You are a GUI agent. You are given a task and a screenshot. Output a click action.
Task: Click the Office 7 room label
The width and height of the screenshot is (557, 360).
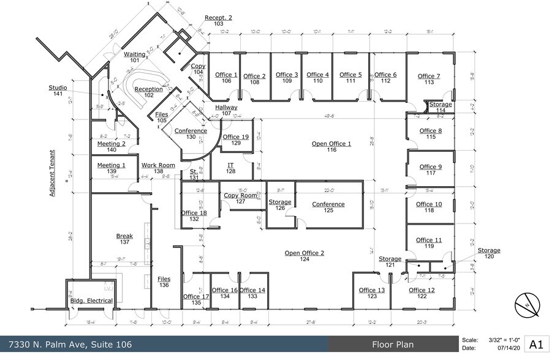click(x=429, y=79)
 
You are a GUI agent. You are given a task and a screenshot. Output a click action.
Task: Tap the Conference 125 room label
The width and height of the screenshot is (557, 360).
click(x=328, y=208)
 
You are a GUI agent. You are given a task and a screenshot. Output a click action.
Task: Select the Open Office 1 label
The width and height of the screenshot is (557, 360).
click(x=332, y=146)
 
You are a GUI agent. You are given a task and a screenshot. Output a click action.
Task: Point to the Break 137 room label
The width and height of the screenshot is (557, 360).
click(x=124, y=239)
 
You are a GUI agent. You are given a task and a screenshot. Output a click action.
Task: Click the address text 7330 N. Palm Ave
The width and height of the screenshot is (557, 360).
click(x=68, y=345)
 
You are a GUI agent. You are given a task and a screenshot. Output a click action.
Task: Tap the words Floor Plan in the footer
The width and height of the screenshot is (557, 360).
click(x=392, y=345)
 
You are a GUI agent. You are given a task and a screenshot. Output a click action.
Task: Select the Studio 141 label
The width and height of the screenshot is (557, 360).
click(x=58, y=91)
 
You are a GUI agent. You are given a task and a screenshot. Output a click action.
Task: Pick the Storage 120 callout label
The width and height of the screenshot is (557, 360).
click(x=489, y=253)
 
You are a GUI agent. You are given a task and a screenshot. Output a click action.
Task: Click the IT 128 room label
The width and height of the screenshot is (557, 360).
click(x=231, y=168)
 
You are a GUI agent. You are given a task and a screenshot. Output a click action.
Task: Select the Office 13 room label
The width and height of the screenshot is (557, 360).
click(x=371, y=293)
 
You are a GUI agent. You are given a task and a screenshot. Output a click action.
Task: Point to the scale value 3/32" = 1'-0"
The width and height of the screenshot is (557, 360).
click(x=505, y=339)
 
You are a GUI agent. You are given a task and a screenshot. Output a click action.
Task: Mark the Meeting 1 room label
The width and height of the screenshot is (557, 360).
click(x=111, y=168)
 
